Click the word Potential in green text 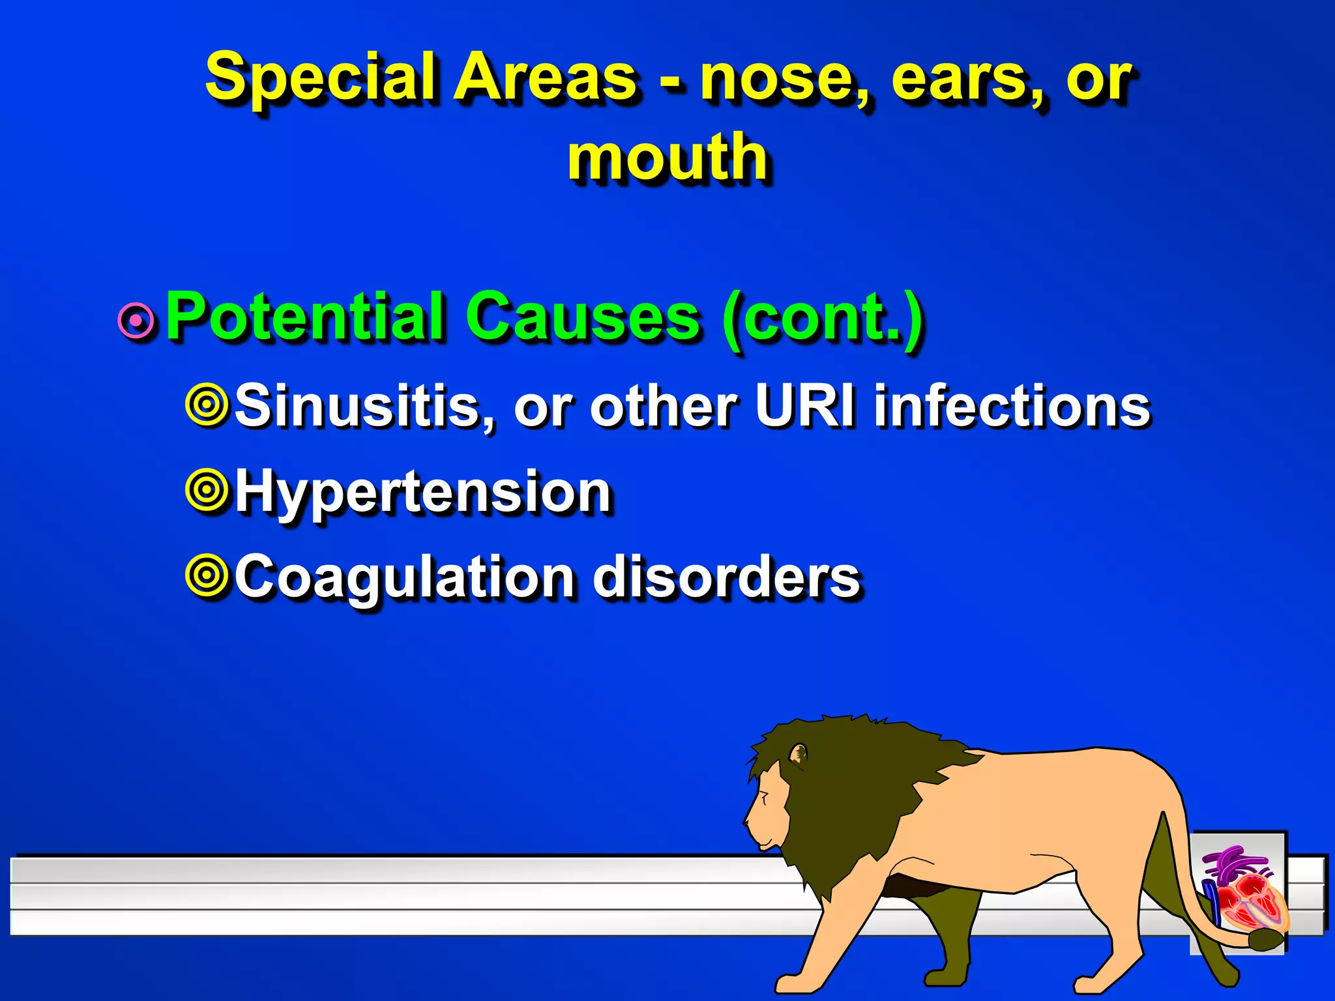click(306, 317)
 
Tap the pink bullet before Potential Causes click(136, 320)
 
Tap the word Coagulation click(404, 577)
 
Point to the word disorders click(727, 577)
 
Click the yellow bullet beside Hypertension click(207, 490)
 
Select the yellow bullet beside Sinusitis click(207, 405)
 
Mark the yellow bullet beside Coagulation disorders click(207, 575)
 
